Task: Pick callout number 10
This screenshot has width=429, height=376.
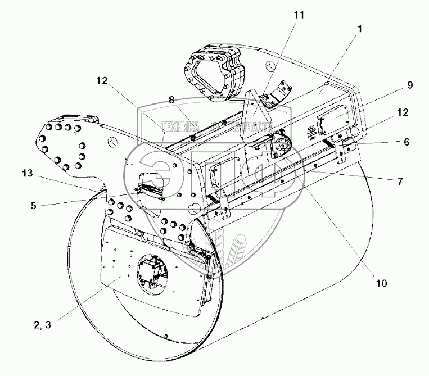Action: (x=382, y=283)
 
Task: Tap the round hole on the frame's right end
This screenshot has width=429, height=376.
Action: (x=355, y=132)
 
